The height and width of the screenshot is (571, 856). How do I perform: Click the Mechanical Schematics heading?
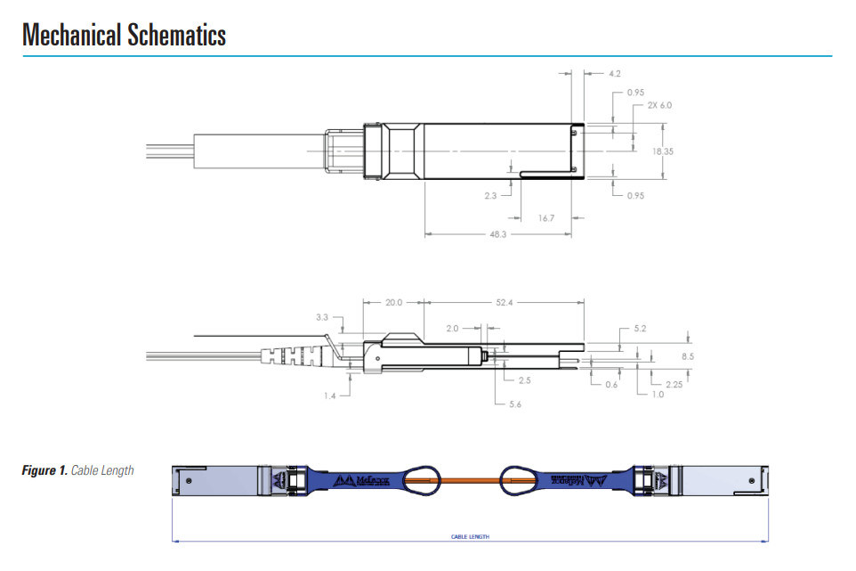pos(125,35)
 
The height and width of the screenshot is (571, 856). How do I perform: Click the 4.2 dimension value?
pos(615,73)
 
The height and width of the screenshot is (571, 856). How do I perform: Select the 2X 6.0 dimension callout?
pos(659,105)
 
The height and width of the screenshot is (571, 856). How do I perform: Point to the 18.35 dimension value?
pos(662,151)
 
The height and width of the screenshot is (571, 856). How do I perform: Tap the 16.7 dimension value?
pos(546,217)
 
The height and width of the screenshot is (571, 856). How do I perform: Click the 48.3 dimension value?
pos(498,235)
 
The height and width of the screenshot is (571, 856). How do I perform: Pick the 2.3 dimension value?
pos(490,195)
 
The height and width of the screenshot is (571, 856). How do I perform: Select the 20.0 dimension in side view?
pos(394,302)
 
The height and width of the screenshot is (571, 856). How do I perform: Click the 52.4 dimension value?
pos(505,302)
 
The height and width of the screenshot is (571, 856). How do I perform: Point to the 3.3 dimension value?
pos(322,317)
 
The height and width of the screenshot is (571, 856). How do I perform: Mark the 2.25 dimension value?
pos(673,384)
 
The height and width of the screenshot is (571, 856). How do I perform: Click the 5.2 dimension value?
pos(639,329)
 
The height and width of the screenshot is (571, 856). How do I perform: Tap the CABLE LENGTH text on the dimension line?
pos(470,537)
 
